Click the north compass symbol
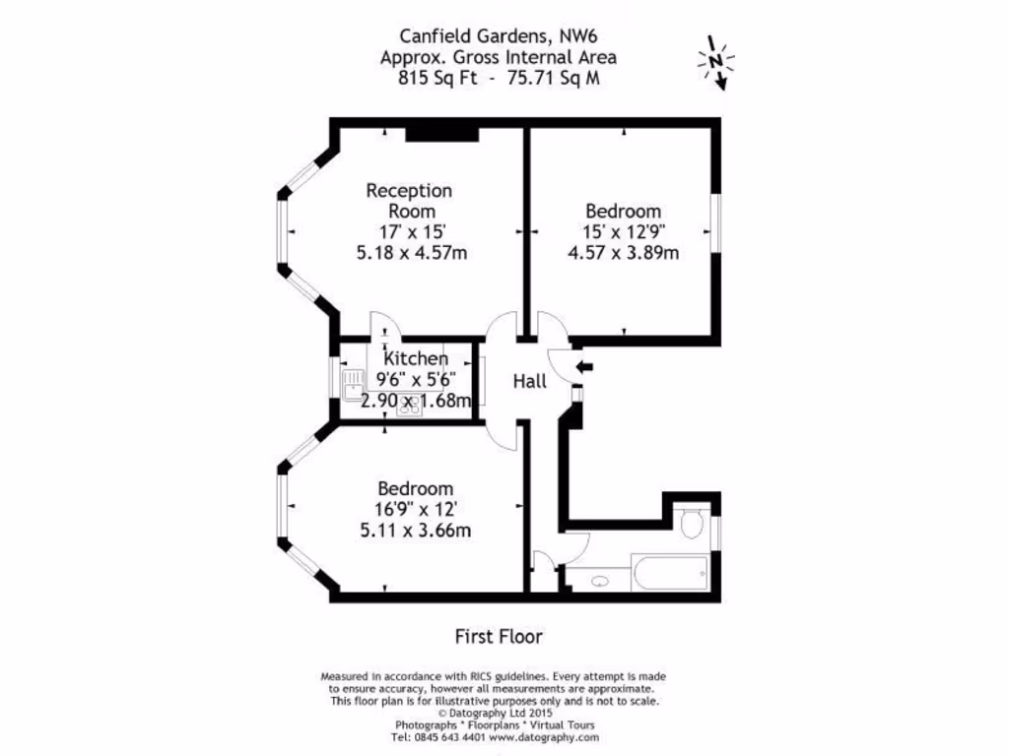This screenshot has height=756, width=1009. (716, 62)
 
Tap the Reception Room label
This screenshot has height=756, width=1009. (409, 200)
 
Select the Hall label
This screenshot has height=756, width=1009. (529, 381)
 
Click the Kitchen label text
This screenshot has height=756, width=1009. (416, 359)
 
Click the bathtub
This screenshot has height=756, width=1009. (669, 569)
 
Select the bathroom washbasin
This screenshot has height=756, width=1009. (600, 581)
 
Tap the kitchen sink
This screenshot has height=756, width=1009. (351, 382)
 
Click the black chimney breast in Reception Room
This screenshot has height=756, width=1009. (441, 134)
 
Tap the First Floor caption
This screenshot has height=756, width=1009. (499, 637)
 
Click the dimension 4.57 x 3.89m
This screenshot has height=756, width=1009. (623, 252)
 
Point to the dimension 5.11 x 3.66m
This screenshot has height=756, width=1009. (415, 531)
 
